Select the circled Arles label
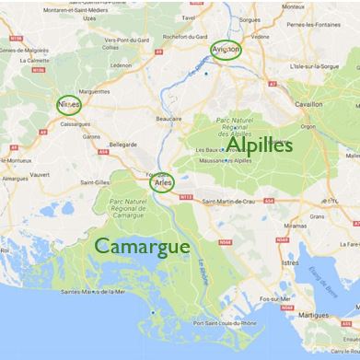(163, 183)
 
